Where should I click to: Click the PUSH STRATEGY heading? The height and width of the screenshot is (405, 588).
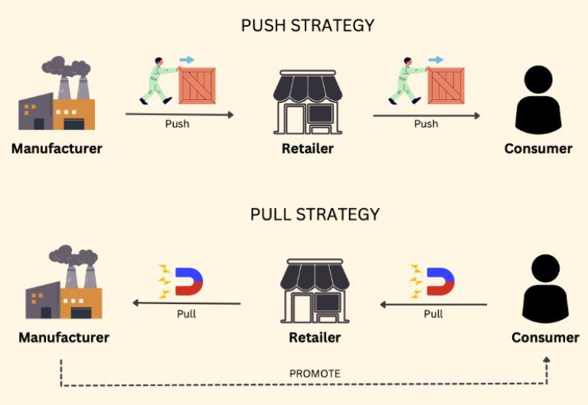pos(308,25)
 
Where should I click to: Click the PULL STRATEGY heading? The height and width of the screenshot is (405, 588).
pos(315,214)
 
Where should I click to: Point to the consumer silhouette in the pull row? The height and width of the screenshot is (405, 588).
pos(545,289)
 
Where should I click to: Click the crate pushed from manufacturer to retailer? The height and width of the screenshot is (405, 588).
pos(197,85)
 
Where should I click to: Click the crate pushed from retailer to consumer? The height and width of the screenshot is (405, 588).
pos(446,85)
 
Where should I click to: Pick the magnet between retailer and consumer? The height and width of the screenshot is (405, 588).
pos(439,281)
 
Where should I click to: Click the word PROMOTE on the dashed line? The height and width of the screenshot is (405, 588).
pos(315,374)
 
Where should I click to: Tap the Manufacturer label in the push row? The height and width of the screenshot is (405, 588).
pos(57,148)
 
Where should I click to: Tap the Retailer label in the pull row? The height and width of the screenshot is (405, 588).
pos(315,337)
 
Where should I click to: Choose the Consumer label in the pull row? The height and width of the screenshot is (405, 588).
pos(545,337)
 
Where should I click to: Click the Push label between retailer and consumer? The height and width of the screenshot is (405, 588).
pos(426,124)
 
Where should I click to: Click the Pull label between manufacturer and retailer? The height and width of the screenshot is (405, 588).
pos(186,313)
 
